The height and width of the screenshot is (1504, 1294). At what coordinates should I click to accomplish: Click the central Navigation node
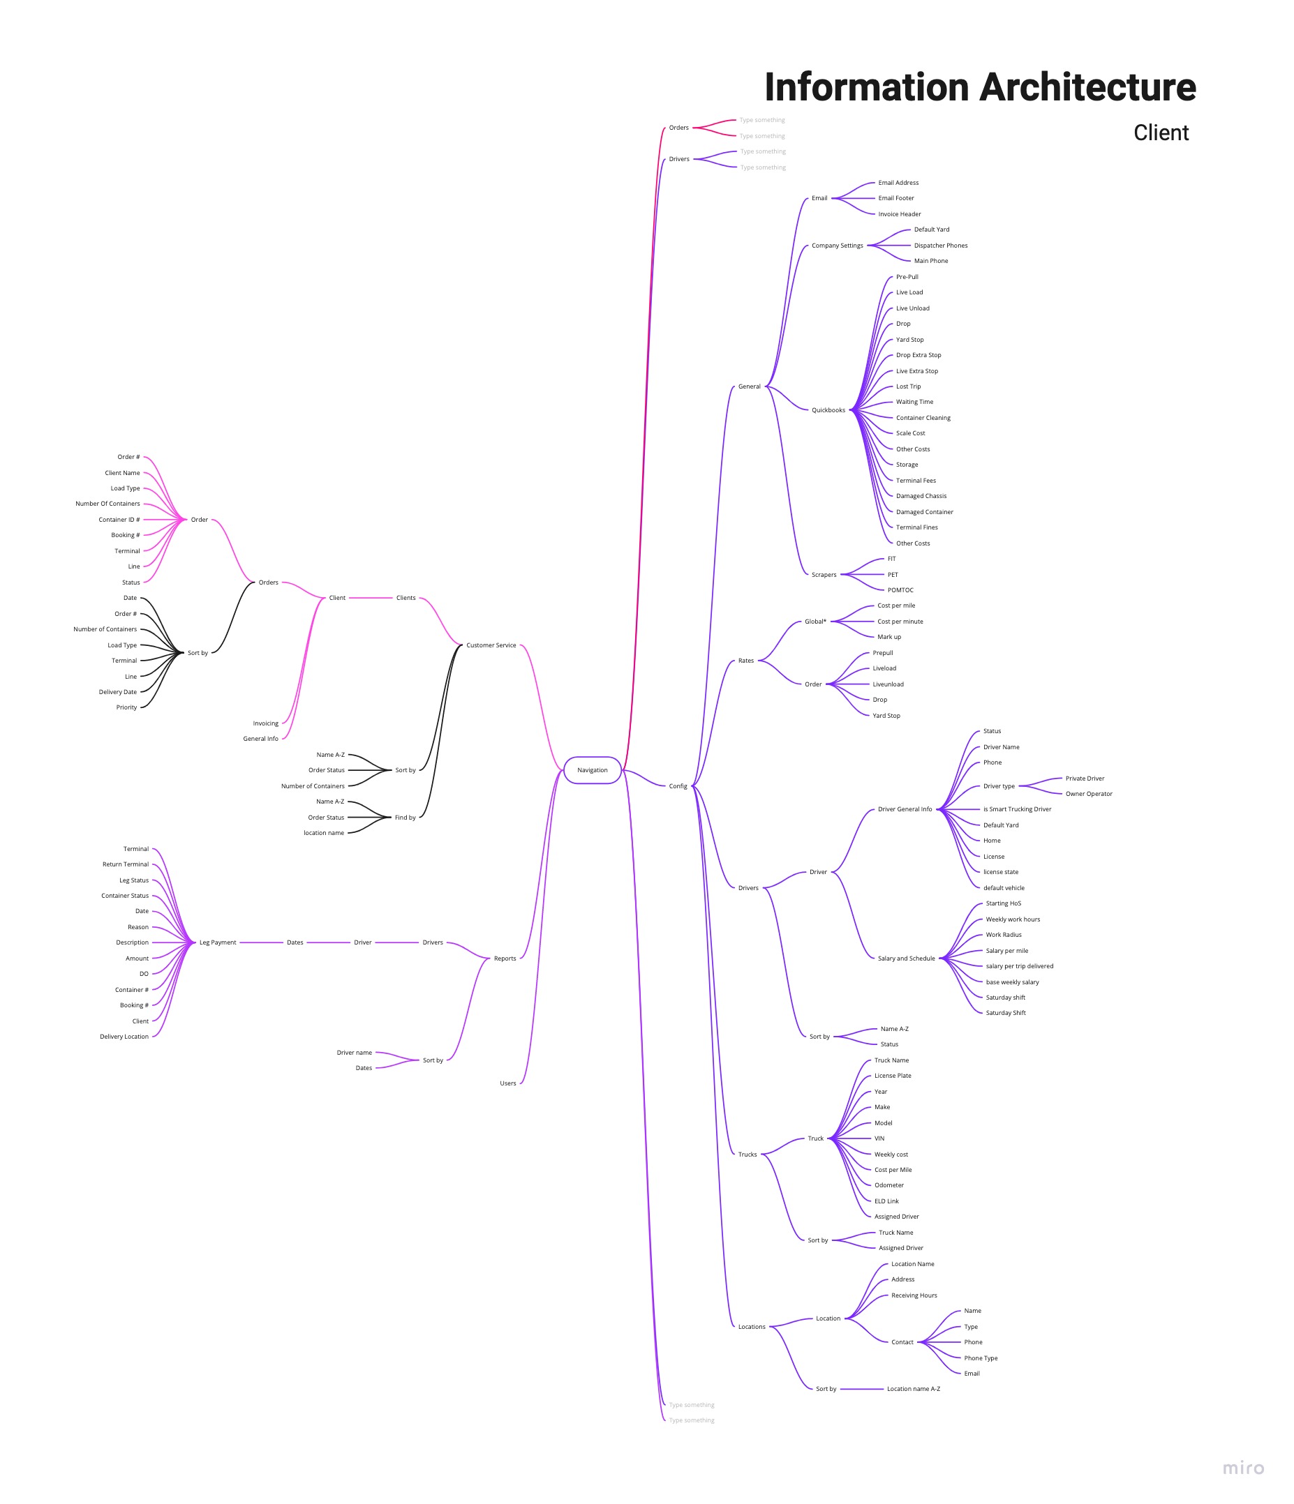pos(592,770)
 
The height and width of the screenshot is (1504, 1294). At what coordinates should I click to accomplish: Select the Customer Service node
pos(491,645)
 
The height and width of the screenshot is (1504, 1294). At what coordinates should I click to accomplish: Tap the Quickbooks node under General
pos(828,410)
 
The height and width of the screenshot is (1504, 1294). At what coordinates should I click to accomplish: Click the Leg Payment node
pos(217,942)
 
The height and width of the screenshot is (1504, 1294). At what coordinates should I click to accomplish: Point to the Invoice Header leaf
pos(899,214)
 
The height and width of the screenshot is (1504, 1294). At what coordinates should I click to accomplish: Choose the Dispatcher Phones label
pos(940,246)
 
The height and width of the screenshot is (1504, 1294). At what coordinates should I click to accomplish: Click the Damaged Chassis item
pos(921,496)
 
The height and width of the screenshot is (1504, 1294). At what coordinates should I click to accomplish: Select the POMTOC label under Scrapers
pos(900,590)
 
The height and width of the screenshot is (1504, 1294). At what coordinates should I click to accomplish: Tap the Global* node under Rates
pos(815,622)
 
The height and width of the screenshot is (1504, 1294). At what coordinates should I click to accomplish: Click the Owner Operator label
pos(1089,793)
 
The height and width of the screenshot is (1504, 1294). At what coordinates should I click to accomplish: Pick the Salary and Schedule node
pos(905,958)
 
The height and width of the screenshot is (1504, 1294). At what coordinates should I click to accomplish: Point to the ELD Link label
pos(886,1201)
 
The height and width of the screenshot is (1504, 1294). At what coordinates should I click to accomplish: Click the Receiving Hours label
pos(914,1295)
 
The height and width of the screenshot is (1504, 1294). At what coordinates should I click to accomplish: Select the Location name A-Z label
pos(913,1389)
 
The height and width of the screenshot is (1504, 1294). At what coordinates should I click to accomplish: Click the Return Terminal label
pos(126,864)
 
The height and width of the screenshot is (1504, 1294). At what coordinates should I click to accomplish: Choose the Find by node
pos(406,818)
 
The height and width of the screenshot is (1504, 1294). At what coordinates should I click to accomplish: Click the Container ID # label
pos(119,520)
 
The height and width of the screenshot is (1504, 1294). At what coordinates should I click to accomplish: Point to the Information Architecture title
pos(980,87)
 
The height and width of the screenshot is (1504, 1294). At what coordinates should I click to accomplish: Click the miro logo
pos(1242,1468)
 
